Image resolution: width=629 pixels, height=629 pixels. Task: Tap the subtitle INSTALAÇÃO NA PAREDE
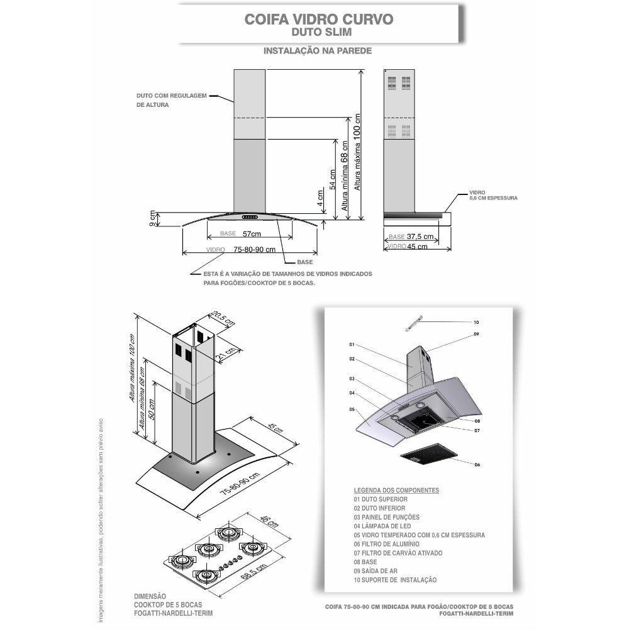[x=318, y=50]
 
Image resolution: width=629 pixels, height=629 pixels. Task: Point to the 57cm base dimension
[x=252, y=234]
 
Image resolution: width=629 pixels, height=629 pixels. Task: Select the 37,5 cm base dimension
[x=420, y=237]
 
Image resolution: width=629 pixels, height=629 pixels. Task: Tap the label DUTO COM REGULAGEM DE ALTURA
[x=171, y=101]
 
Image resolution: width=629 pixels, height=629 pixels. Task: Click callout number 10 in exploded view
[x=476, y=322]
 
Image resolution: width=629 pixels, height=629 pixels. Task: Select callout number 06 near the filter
[x=477, y=464]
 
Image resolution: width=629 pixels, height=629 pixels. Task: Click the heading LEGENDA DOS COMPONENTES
[x=396, y=490]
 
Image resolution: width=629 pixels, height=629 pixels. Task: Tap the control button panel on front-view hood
[x=251, y=218]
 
